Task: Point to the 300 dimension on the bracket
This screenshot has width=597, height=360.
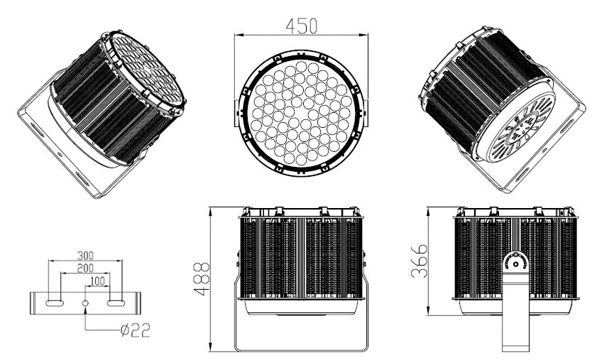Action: pos(86,255)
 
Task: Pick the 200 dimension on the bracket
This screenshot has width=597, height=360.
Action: pos(86,268)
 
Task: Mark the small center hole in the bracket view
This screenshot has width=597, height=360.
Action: pos(86,303)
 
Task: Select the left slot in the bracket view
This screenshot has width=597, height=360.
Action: pos(55,303)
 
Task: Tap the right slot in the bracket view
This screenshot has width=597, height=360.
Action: pos(116,303)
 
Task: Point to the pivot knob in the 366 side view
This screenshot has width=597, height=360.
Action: pos(515,263)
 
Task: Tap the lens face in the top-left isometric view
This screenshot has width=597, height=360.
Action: pos(146,70)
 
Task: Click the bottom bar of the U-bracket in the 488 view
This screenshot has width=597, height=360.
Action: pos(301,349)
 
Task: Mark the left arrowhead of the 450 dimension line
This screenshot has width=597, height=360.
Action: pos(238,33)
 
